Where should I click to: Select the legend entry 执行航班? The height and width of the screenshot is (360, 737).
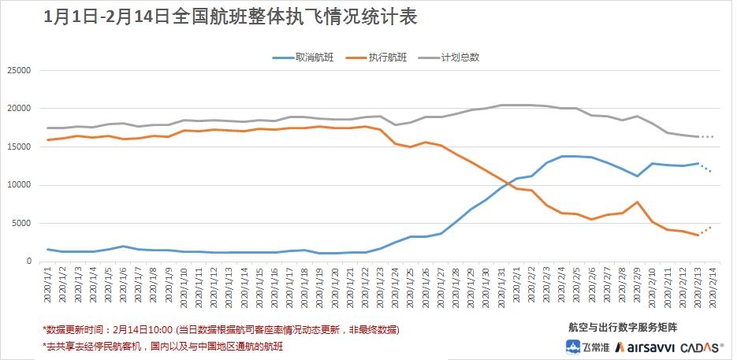pos(387,58)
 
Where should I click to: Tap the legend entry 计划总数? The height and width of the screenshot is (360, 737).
pos(460,58)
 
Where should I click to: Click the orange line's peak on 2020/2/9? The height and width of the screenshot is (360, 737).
pos(637,202)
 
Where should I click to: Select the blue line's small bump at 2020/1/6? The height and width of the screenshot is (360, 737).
pos(124,247)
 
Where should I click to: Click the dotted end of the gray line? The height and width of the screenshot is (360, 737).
pos(706,137)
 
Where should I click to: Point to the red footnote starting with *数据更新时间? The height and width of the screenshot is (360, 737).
pos(220,329)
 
